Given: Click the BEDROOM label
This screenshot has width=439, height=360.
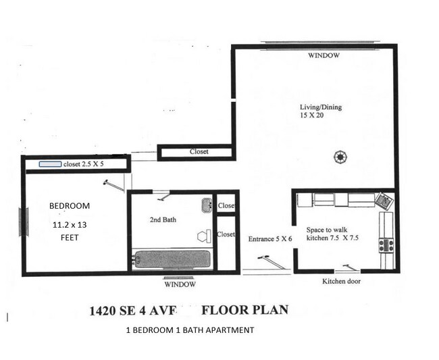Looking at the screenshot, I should click(x=70, y=205).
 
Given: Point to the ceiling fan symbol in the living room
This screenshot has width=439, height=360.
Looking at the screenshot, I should click(x=340, y=157).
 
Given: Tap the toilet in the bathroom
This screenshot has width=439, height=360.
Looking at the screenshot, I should click(x=203, y=236).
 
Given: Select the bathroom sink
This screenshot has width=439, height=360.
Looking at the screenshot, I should click(x=206, y=205).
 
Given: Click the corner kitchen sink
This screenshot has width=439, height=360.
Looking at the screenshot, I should click(x=384, y=200).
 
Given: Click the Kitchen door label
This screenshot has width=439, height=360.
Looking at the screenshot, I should click(x=342, y=281).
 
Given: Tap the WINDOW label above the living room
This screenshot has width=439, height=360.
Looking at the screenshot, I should click(x=324, y=56).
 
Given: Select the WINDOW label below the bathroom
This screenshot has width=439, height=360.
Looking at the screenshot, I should click(x=180, y=284).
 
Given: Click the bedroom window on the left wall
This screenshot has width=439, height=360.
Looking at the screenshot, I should click(x=24, y=221).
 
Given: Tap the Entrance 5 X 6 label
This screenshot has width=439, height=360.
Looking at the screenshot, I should click(x=269, y=238).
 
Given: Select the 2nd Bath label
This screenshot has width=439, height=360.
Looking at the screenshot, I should click(x=163, y=220).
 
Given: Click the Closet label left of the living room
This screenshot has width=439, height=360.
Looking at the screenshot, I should click(x=199, y=152).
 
